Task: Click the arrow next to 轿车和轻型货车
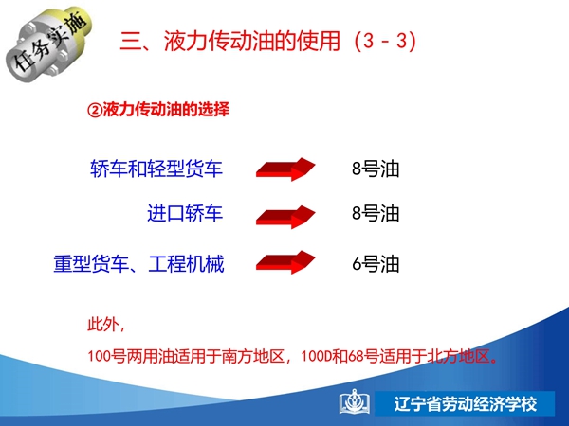pos(285,169)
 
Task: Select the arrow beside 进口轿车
pos(285,217)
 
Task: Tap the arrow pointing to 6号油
pos(285,262)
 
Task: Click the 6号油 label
pos(376,264)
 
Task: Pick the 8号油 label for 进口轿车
pos(376,213)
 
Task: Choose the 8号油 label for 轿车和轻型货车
pos(376,169)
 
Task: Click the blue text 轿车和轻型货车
pos(156,169)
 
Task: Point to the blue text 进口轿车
pos(185,213)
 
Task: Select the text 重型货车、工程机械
pos(139,264)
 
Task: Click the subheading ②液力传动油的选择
pos(158,110)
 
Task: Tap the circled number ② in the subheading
pos(95,110)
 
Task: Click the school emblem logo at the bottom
pos(354,402)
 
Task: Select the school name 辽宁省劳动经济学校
pos(466,404)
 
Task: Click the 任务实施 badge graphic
pos(49,44)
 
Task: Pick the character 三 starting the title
pos(131,41)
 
